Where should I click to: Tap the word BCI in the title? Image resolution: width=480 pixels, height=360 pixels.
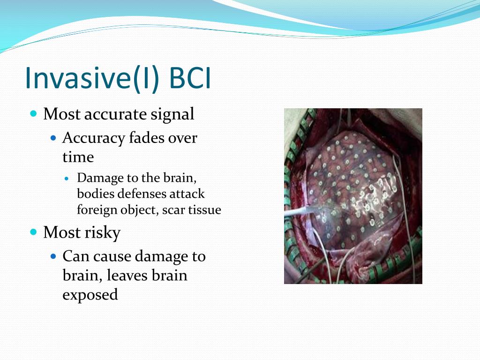190,78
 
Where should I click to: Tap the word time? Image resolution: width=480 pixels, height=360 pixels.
78,157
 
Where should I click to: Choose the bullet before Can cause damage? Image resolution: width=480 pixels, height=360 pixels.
53,256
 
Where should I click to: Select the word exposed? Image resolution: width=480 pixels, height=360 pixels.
90,295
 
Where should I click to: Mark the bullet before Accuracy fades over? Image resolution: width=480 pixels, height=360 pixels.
53,138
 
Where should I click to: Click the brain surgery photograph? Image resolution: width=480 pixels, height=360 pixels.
353,196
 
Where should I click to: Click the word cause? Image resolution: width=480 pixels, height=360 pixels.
112,257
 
